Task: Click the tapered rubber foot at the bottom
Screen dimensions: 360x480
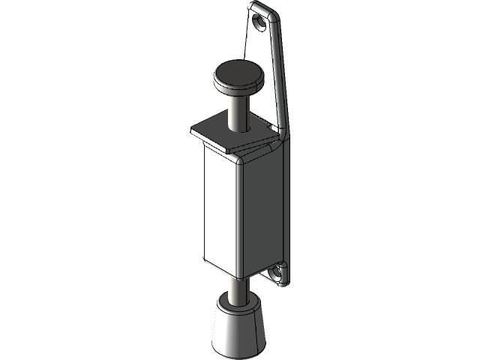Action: coord(238,330)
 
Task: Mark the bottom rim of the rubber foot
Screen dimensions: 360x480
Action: coord(238,352)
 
